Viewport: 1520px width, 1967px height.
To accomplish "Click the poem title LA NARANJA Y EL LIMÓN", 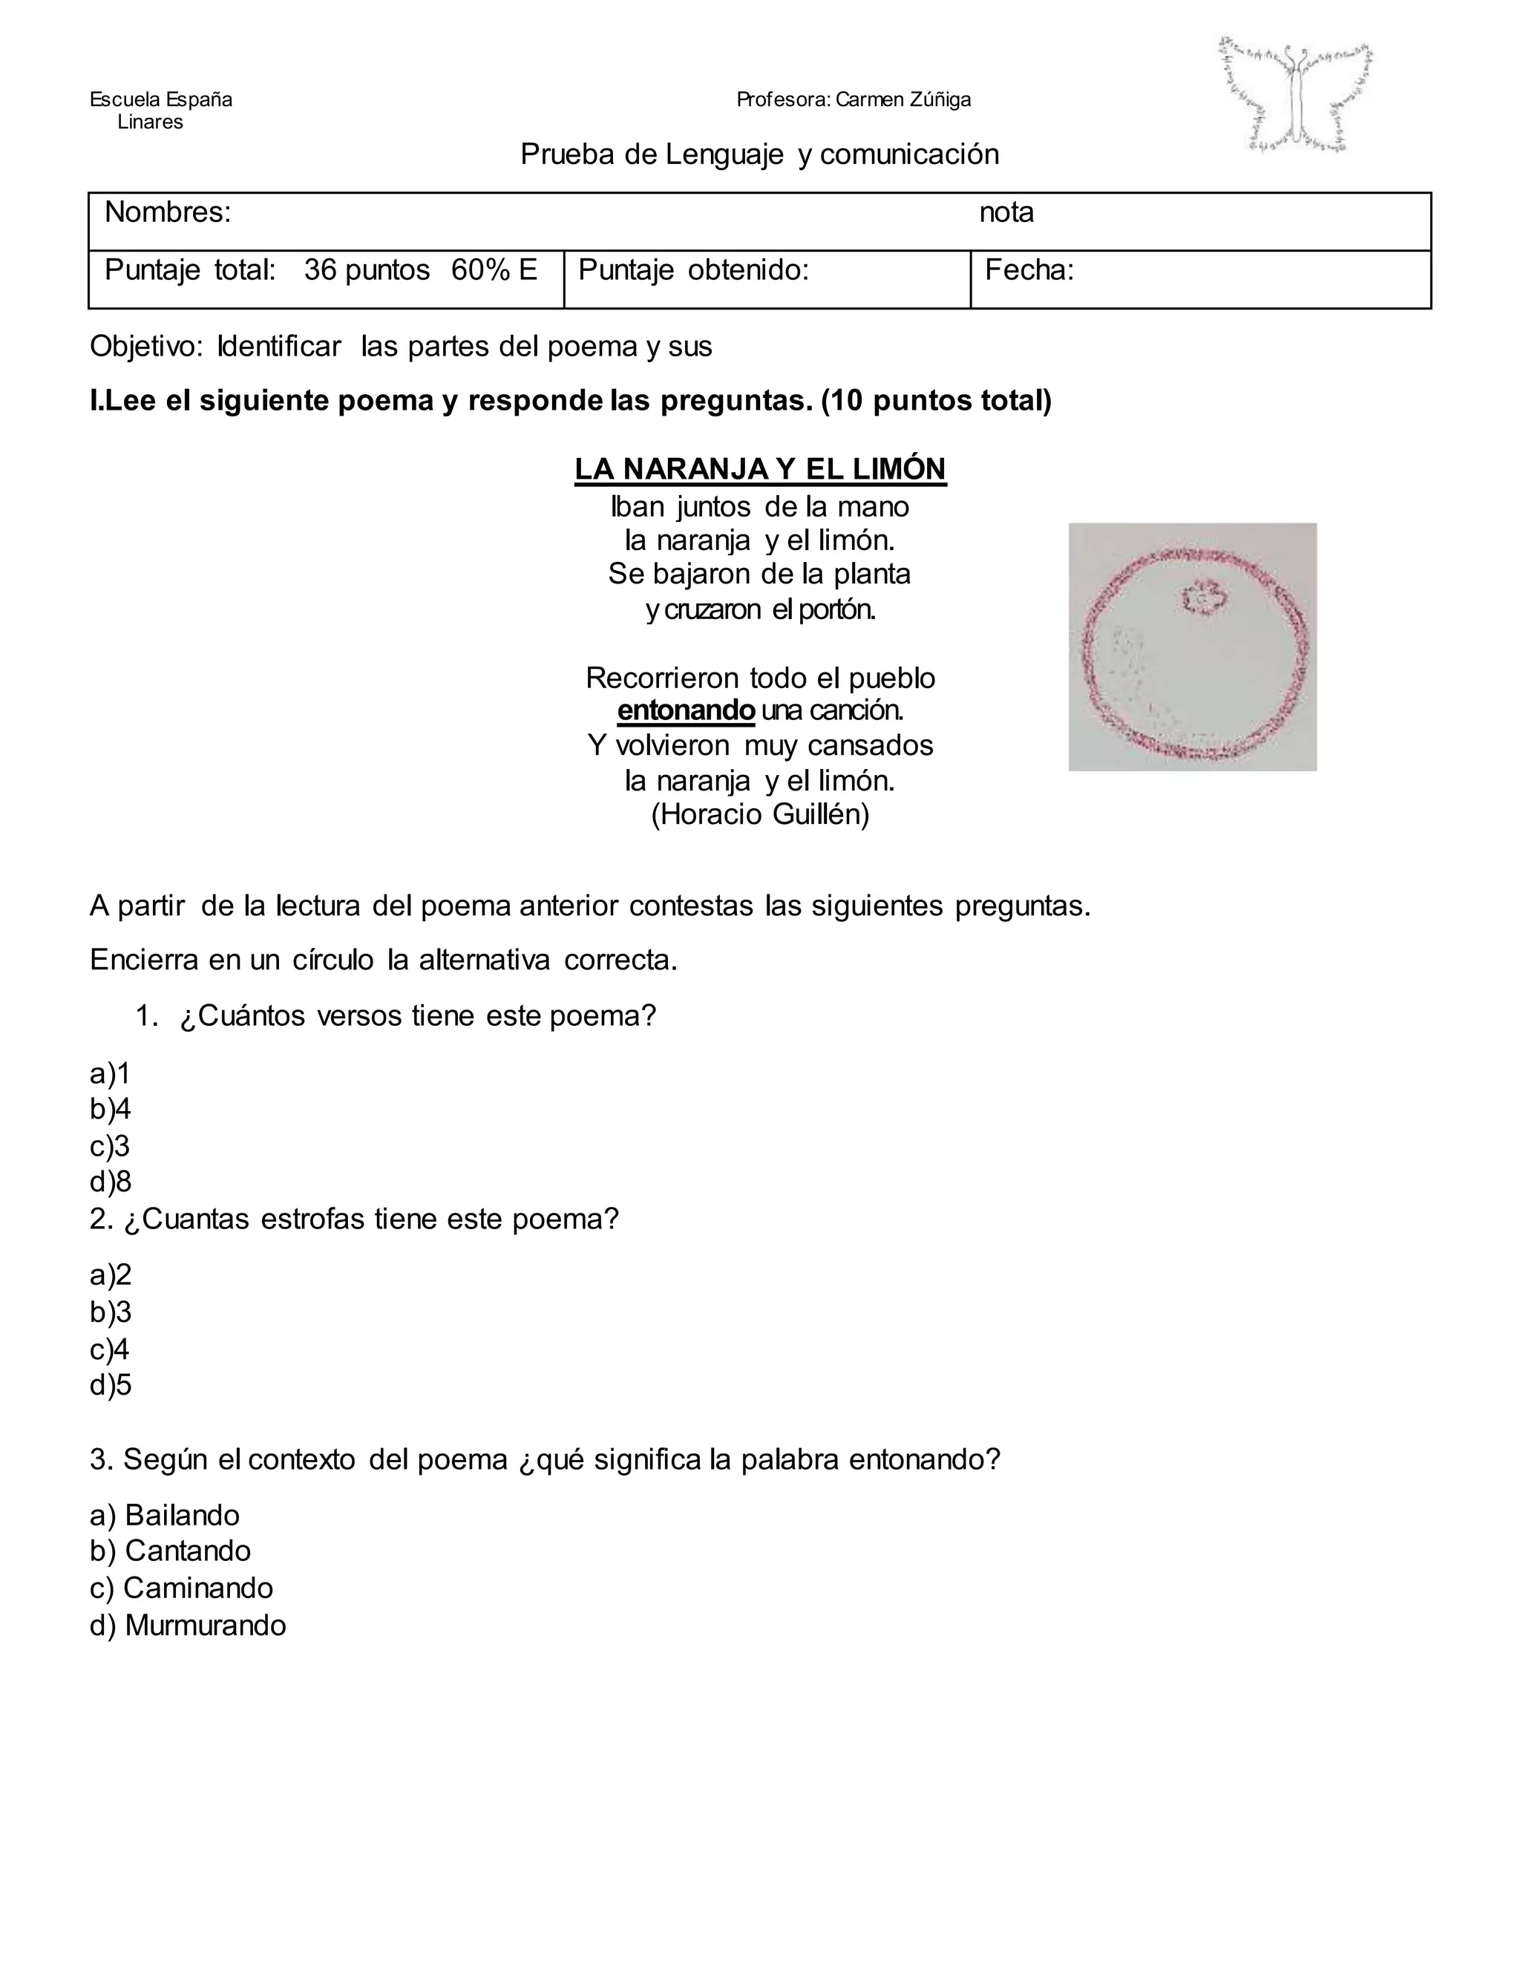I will [760, 469].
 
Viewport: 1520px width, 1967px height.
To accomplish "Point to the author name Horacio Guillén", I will [760, 814].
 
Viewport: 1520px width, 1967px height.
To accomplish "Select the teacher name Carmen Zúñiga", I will [903, 99].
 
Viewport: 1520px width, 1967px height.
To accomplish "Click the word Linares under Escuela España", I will [151, 122].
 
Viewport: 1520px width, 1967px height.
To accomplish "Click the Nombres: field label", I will [168, 212].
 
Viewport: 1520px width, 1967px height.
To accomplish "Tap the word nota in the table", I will [1006, 212].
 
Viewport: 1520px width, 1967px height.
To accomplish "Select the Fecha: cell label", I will [1029, 269].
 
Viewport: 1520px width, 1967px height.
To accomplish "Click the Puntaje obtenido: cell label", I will [693, 269].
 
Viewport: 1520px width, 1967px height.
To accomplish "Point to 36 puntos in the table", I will [367, 269].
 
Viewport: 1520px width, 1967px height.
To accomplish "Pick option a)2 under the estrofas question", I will [111, 1274].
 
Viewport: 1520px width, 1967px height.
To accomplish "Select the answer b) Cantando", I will [170, 1550].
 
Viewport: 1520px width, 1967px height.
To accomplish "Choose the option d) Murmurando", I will [187, 1625].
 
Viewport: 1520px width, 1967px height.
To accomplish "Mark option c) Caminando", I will [181, 1587].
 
